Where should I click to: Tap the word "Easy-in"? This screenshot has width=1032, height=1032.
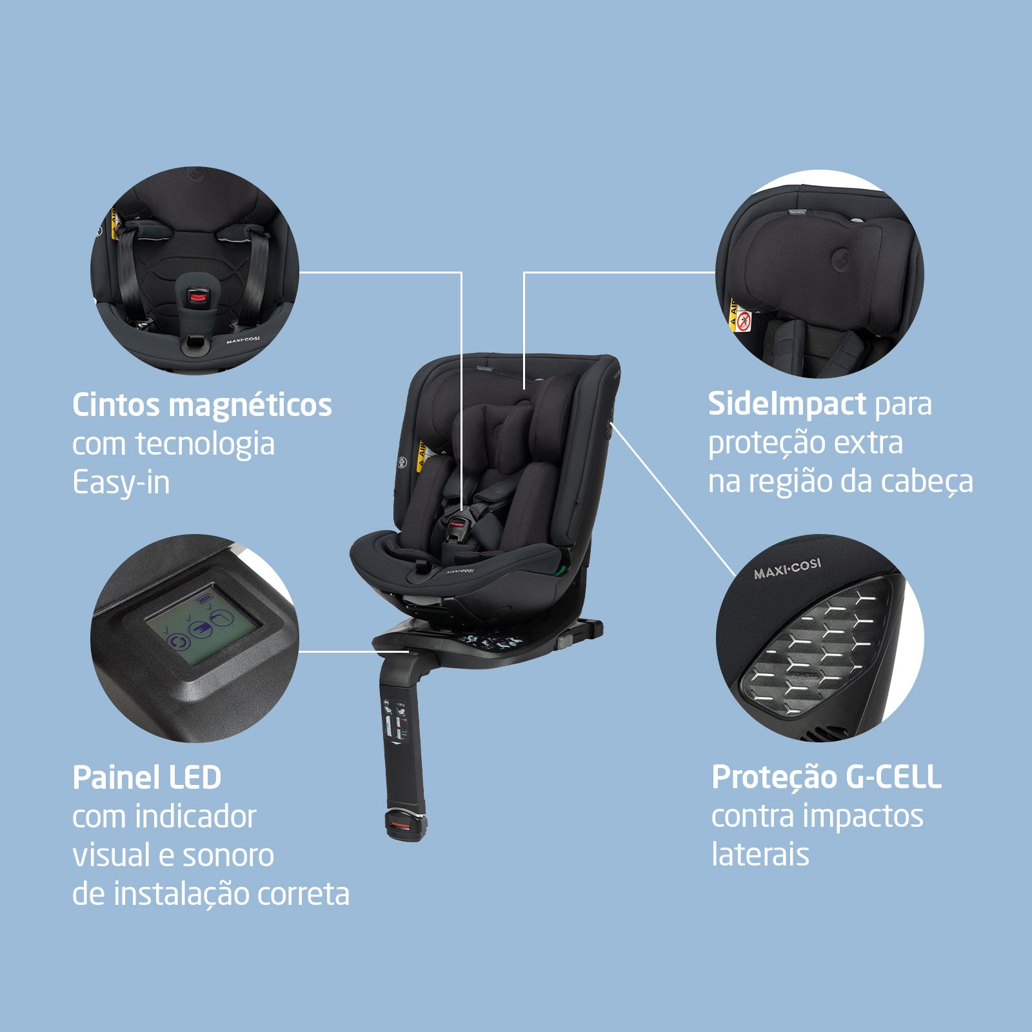(x=121, y=483)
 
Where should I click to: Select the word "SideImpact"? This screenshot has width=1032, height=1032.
(x=787, y=404)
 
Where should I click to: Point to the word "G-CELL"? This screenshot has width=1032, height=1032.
(x=893, y=777)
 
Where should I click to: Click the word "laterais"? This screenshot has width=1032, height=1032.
(x=760, y=854)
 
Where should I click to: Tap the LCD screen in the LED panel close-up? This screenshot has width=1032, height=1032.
(x=203, y=625)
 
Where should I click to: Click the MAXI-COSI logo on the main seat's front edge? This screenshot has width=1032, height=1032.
(x=460, y=571)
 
